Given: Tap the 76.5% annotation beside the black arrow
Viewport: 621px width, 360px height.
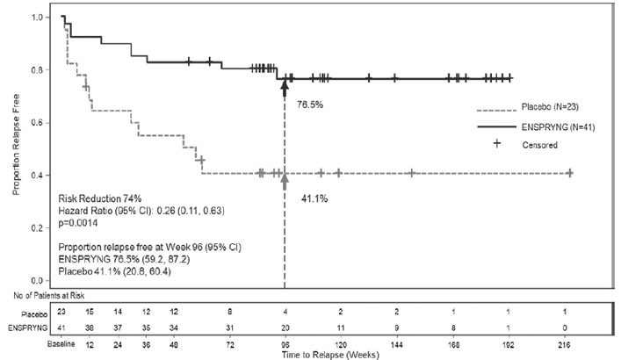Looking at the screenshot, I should [x=308, y=104].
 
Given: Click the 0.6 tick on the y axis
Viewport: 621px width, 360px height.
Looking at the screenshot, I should [x=40, y=123].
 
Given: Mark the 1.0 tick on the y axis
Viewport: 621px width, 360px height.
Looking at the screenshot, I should [x=40, y=18].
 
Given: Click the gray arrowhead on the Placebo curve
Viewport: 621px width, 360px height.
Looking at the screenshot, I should [x=284, y=179].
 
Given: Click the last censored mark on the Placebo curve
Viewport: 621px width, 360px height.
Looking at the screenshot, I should [x=570, y=173].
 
